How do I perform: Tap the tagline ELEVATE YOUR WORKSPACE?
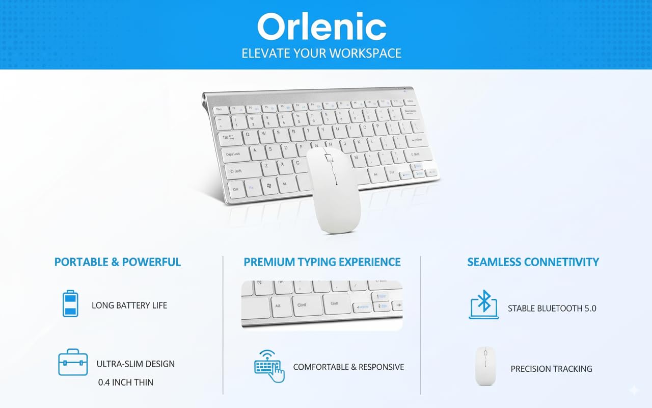tap(321, 53)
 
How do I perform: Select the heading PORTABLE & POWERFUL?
tap(118, 262)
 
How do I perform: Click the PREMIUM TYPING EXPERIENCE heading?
tap(322, 262)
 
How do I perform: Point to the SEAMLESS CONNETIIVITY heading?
tap(533, 262)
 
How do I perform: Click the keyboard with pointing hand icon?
tap(269, 366)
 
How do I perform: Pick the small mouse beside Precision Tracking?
tap(485, 366)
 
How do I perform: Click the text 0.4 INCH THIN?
tap(126, 382)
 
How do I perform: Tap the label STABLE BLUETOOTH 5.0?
tap(552, 309)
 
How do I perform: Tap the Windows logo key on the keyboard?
tap(269, 187)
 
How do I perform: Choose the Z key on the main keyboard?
tap(266, 166)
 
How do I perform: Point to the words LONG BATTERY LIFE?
tap(129, 305)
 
